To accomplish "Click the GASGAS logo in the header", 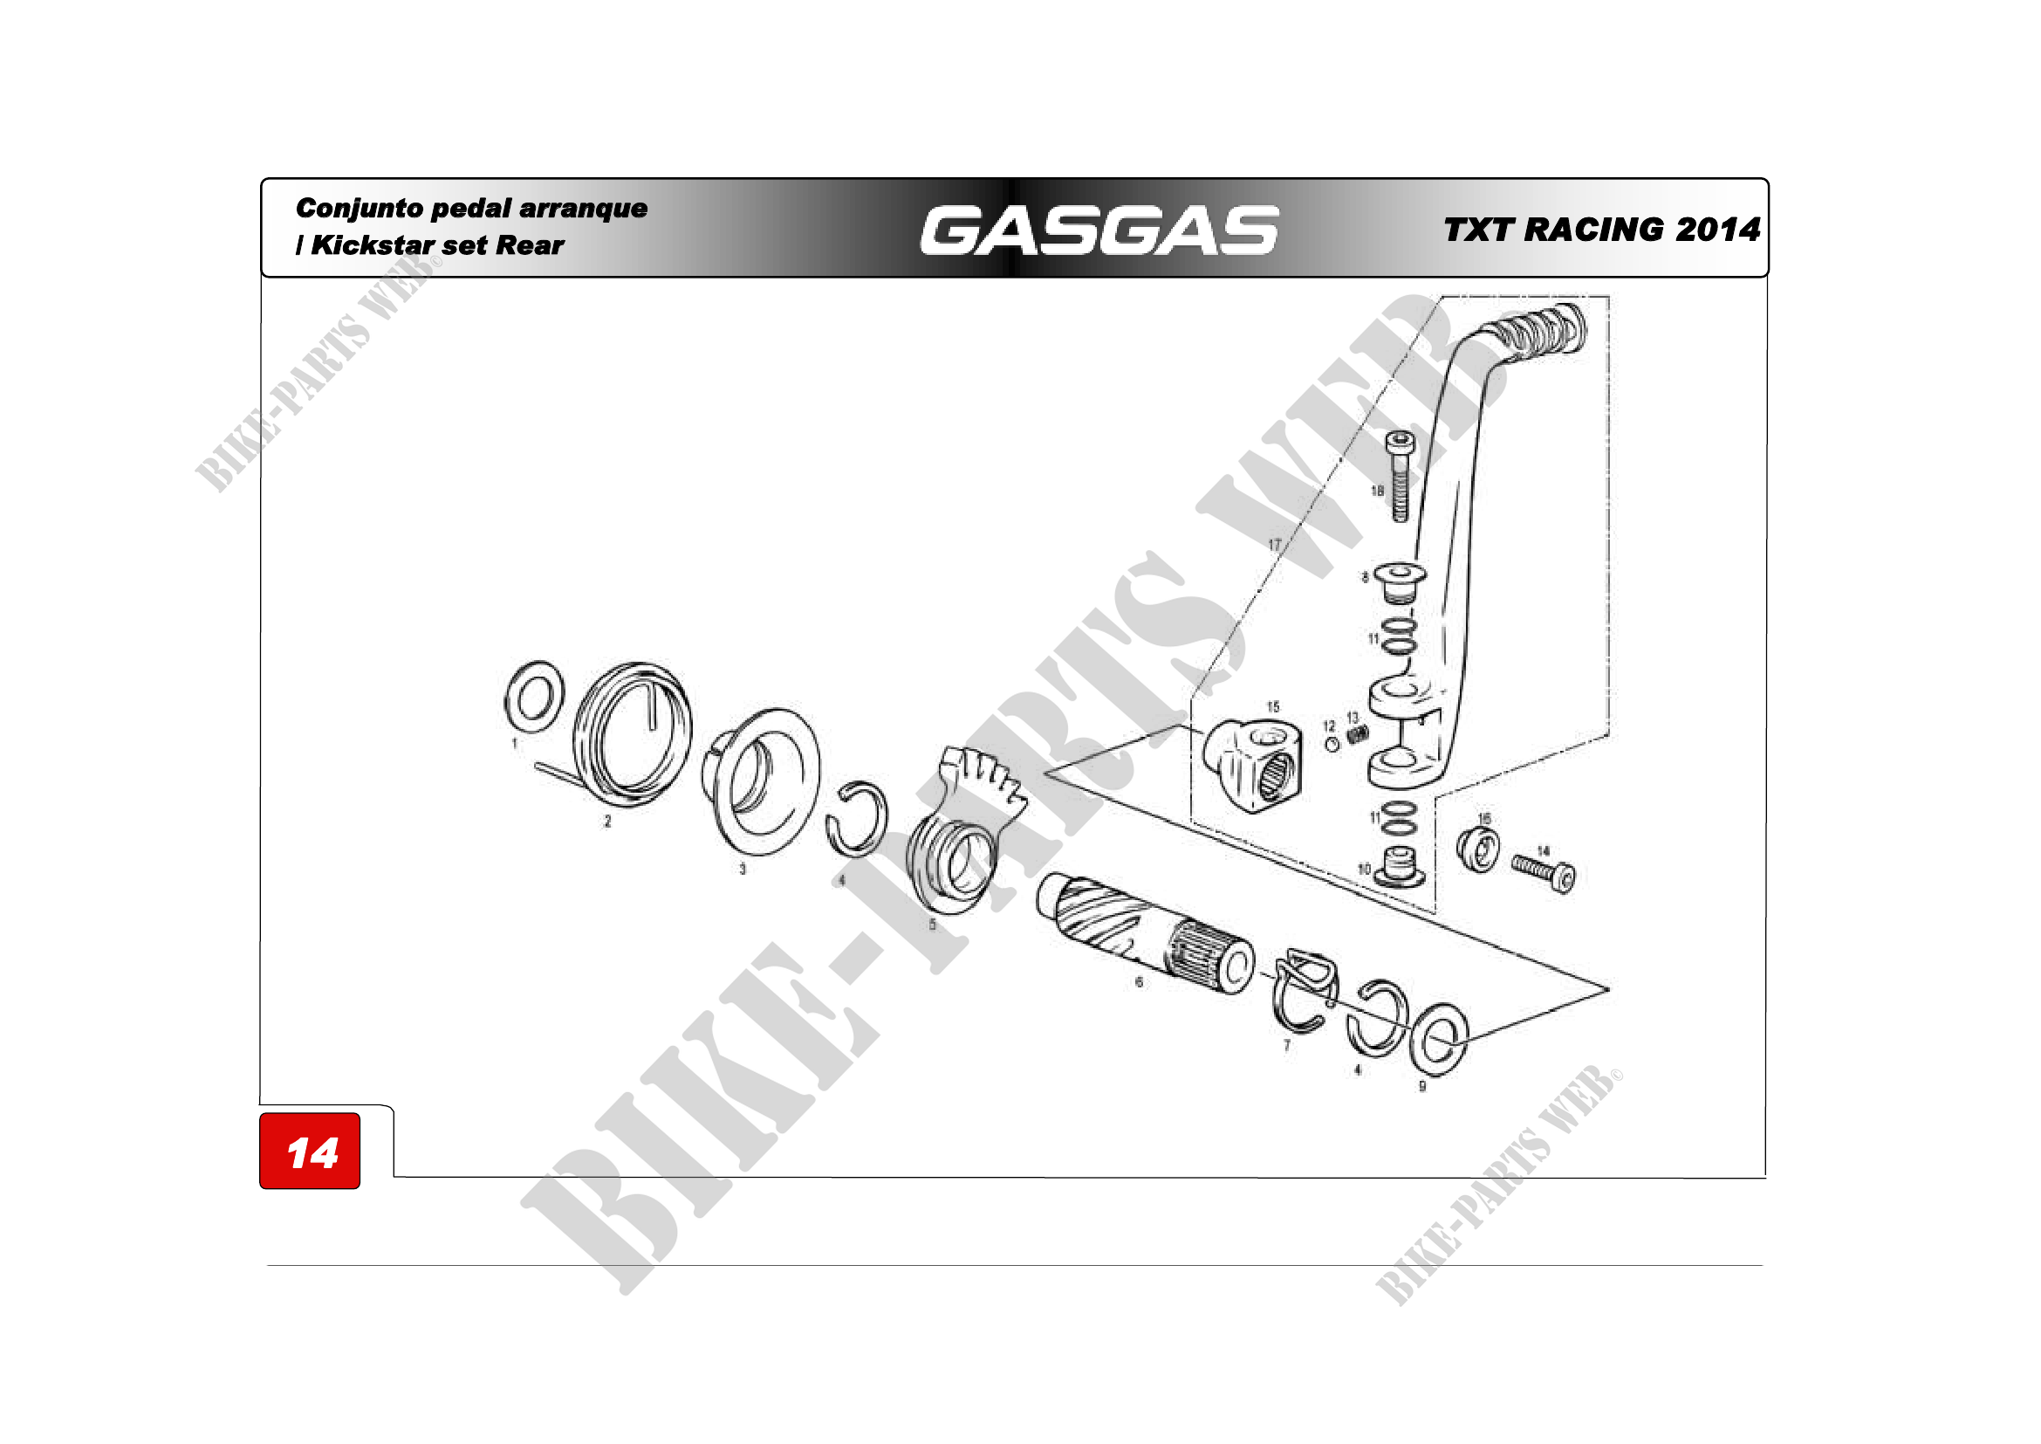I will pos(1099,230).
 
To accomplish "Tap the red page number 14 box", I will pos(311,1152).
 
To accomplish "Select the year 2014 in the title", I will pos(1717,230).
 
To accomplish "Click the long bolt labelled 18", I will pos(1401,476).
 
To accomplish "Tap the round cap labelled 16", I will pos(1478,849).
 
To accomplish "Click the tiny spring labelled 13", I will pos(1358,734).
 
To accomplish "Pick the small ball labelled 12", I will pos(1332,744).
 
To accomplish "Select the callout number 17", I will pos(1274,545).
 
